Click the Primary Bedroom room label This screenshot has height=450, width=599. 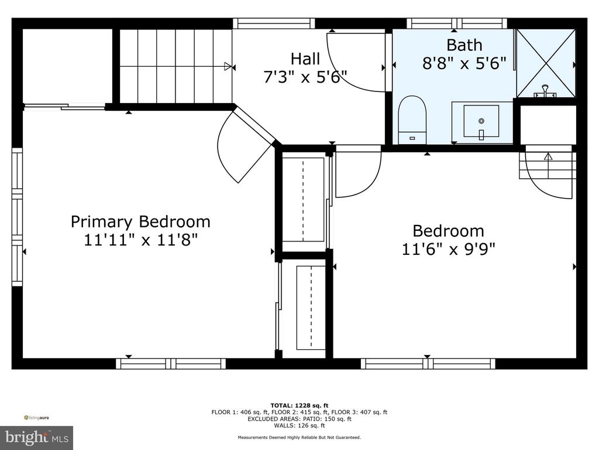point(140,222)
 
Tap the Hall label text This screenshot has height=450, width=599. point(305,59)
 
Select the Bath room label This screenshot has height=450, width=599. point(464,45)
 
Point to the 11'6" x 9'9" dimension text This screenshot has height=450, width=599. point(448,250)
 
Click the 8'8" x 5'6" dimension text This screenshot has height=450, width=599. point(464,63)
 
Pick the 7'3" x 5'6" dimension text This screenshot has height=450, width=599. point(305,77)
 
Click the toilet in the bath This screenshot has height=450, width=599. point(412,120)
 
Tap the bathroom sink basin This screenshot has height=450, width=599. point(481,121)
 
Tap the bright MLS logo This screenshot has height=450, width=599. point(36,438)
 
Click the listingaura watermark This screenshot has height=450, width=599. point(36,418)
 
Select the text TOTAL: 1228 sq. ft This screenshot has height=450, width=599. point(299,405)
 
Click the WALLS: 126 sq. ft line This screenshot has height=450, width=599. point(299,425)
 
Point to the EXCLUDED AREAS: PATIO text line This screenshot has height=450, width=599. point(299,418)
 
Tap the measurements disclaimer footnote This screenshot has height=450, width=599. point(299,437)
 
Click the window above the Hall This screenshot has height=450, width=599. point(274,23)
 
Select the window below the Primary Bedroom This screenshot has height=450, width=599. point(171,363)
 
